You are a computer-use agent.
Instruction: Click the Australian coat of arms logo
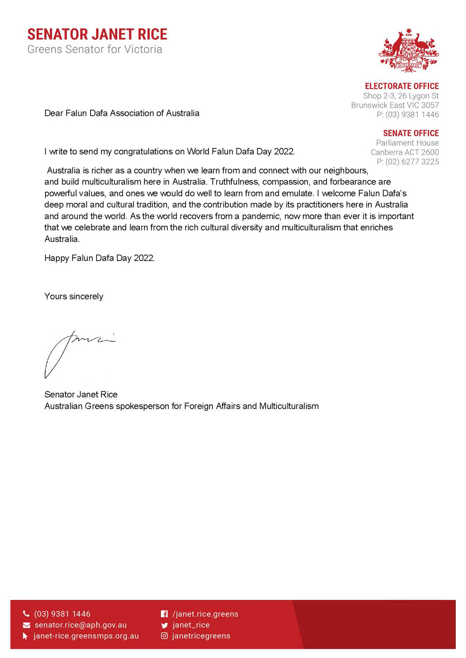409,50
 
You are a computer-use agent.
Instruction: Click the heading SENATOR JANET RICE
97,35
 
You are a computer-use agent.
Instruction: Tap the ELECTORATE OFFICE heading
402,86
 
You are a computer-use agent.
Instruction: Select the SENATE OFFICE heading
411,133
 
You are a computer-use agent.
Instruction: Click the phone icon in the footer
26,614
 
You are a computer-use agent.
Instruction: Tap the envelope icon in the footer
26,625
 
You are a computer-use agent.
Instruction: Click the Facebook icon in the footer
164,614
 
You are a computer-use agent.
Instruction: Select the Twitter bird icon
165,625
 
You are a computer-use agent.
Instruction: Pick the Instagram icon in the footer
165,636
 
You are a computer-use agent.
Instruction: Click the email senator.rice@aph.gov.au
81,625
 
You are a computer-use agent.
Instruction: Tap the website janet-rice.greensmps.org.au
86,636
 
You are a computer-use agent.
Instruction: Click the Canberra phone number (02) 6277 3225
412,162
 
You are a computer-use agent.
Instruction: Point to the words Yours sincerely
74,296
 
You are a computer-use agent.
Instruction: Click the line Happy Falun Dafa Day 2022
99,258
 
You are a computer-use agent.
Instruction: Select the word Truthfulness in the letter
234,182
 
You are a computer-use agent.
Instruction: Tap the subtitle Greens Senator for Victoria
95,49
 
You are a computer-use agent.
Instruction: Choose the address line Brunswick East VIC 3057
395,105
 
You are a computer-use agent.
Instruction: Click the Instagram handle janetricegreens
201,636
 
